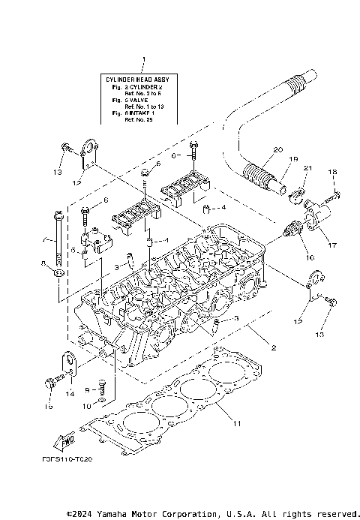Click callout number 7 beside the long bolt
(x=46, y=242)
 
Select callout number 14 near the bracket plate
(x=70, y=393)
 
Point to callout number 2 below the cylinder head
(x=274, y=348)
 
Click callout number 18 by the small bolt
(x=332, y=173)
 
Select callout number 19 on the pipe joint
(x=294, y=160)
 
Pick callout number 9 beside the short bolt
(x=88, y=390)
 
